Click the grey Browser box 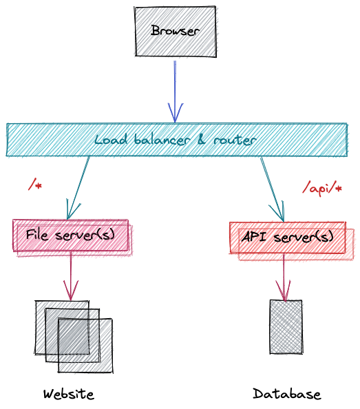tap(176, 32)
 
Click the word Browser tap(176, 31)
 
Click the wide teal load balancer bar tap(177, 140)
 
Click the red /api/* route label tap(321, 188)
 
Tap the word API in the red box tap(254, 237)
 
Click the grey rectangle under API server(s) tap(286, 327)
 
